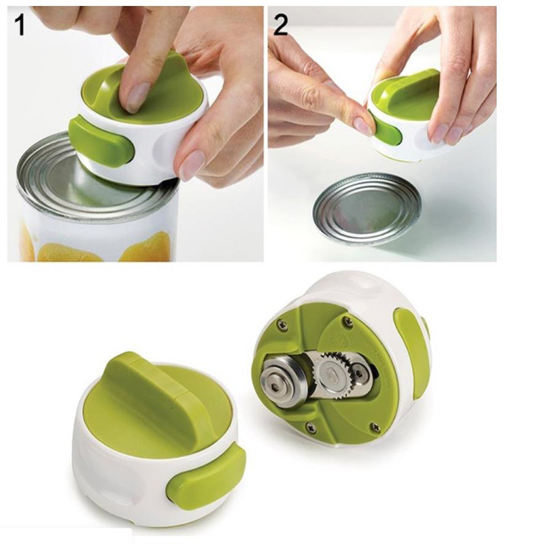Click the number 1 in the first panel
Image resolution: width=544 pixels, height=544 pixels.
point(20,25)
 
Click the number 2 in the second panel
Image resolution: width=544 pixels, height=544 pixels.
point(281,25)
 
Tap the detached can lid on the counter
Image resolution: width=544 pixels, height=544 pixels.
point(367,209)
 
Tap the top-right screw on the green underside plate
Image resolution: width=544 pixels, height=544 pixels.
point(346,320)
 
